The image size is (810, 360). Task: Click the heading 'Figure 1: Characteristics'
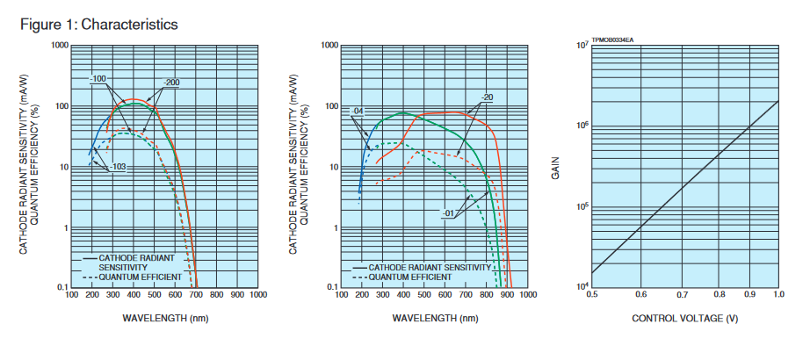(x=98, y=24)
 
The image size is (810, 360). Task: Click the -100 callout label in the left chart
(x=98, y=79)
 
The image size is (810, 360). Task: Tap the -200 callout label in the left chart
(x=170, y=83)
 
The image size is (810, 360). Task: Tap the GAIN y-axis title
(x=555, y=168)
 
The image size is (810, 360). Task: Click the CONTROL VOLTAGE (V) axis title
(x=684, y=318)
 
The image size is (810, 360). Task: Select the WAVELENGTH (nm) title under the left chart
(x=165, y=318)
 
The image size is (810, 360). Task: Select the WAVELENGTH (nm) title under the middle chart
(x=434, y=318)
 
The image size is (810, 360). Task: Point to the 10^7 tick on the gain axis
(x=581, y=44)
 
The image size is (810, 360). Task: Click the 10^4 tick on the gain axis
(x=581, y=286)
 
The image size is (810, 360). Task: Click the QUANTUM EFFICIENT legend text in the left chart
(x=140, y=277)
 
